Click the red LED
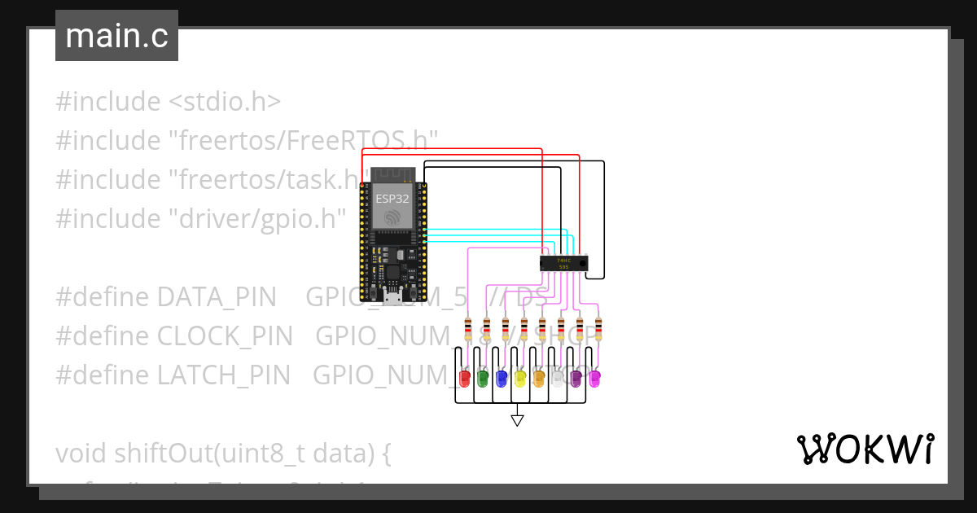pyautogui.click(x=465, y=378)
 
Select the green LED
pyautogui.click(x=483, y=378)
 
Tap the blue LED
pyautogui.click(x=502, y=378)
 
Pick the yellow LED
pyautogui.click(x=520, y=378)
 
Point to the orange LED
pyautogui.click(x=538, y=378)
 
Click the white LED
pyautogui.click(x=558, y=378)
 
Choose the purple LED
pyautogui.click(x=576, y=378)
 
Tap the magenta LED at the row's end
pyautogui.click(x=594, y=378)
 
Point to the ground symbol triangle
pyautogui.click(x=517, y=420)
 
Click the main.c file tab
pyautogui.click(x=116, y=36)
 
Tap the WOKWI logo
pyautogui.click(x=865, y=449)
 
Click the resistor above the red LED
pyautogui.click(x=467, y=330)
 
